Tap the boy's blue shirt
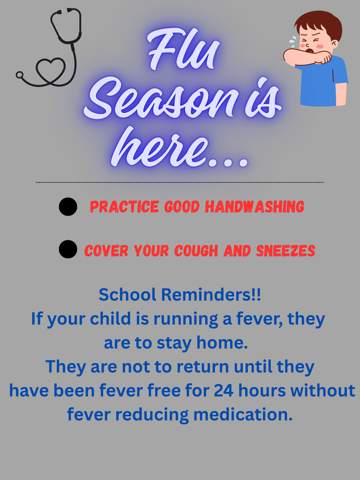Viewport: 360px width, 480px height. point(323,84)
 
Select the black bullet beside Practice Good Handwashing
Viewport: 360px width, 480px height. point(68,207)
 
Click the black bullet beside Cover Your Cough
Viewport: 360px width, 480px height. point(68,249)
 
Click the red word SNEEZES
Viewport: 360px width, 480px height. point(285,251)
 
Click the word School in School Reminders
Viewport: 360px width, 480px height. point(127,295)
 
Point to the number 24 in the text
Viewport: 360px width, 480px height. point(224,390)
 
